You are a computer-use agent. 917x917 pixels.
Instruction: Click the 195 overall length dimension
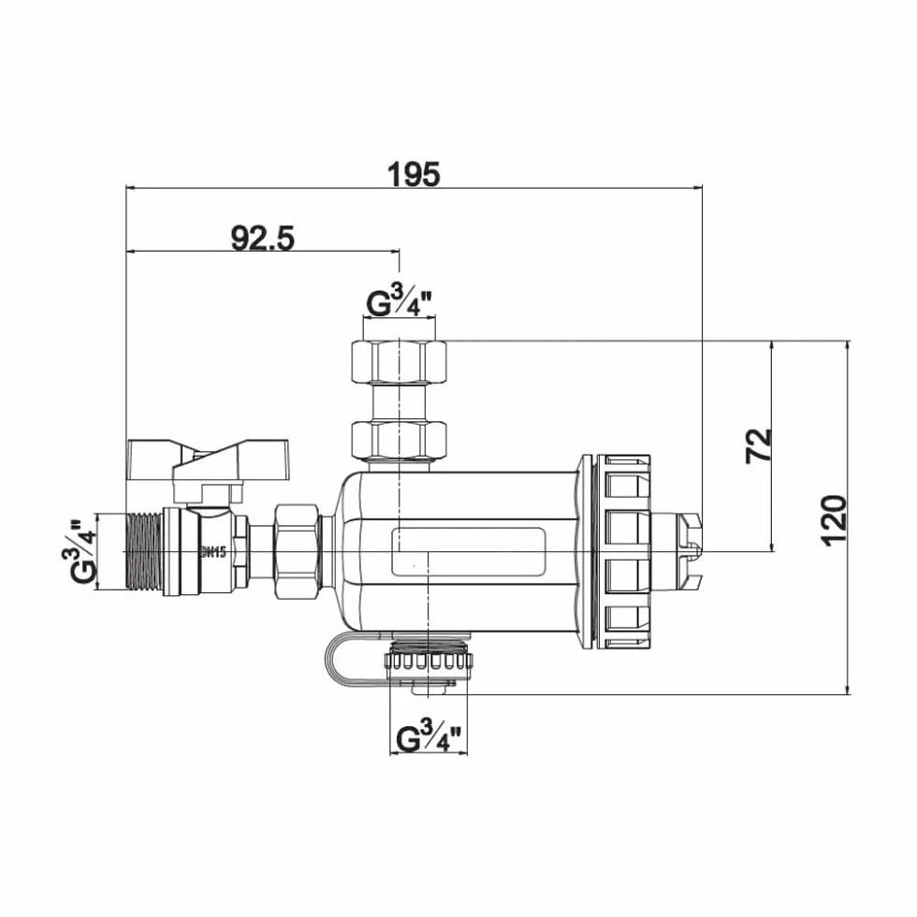pos(414,174)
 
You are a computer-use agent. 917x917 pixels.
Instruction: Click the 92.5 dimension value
pos(263,238)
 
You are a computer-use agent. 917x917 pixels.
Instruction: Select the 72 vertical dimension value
pos(759,446)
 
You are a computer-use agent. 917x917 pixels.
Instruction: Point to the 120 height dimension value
pos(834,521)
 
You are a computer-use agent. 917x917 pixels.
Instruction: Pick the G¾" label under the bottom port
pos(429,737)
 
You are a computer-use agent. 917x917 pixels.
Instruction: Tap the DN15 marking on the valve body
pos(213,551)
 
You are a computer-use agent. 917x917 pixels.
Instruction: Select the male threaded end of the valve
pos(145,551)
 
